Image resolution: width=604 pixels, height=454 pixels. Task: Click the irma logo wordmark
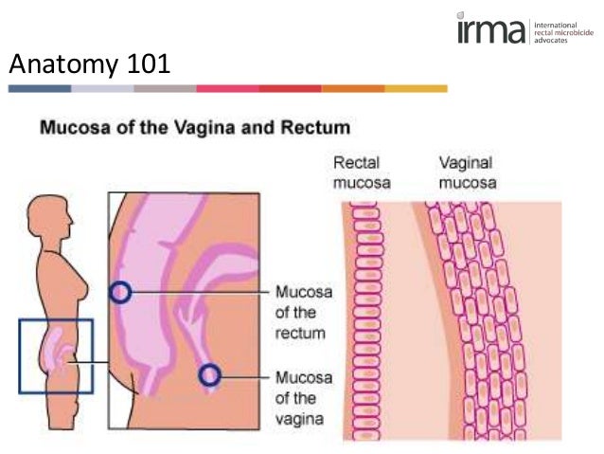point(490,30)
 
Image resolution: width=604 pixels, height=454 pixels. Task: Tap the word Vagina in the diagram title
point(220,126)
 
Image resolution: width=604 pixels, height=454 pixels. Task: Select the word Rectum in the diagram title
point(318,126)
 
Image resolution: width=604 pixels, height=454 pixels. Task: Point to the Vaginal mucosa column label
point(467,172)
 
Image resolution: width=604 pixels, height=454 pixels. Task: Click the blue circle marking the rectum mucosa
point(120,292)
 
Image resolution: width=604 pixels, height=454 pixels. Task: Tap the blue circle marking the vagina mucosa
point(209,375)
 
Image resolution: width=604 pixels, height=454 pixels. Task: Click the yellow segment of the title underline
point(416,88)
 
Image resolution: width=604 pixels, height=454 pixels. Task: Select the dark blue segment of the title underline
point(40,88)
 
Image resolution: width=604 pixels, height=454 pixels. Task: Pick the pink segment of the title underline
point(227,88)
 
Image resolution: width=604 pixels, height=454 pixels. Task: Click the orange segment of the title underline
point(353,88)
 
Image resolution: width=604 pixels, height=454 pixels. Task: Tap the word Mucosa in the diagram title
point(72,126)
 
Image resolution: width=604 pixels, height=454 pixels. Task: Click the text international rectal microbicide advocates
point(564,32)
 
